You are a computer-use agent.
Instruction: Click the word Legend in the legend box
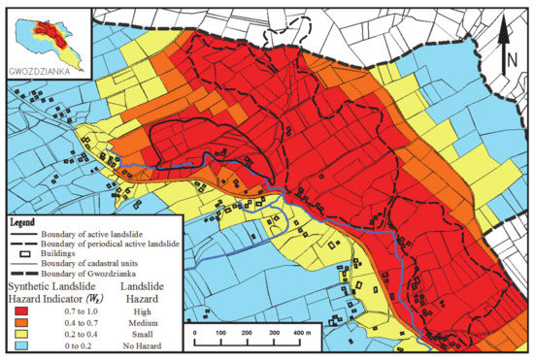pyautogui.click(x=29, y=221)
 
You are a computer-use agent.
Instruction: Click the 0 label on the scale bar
pyautogui.click(x=195, y=333)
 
